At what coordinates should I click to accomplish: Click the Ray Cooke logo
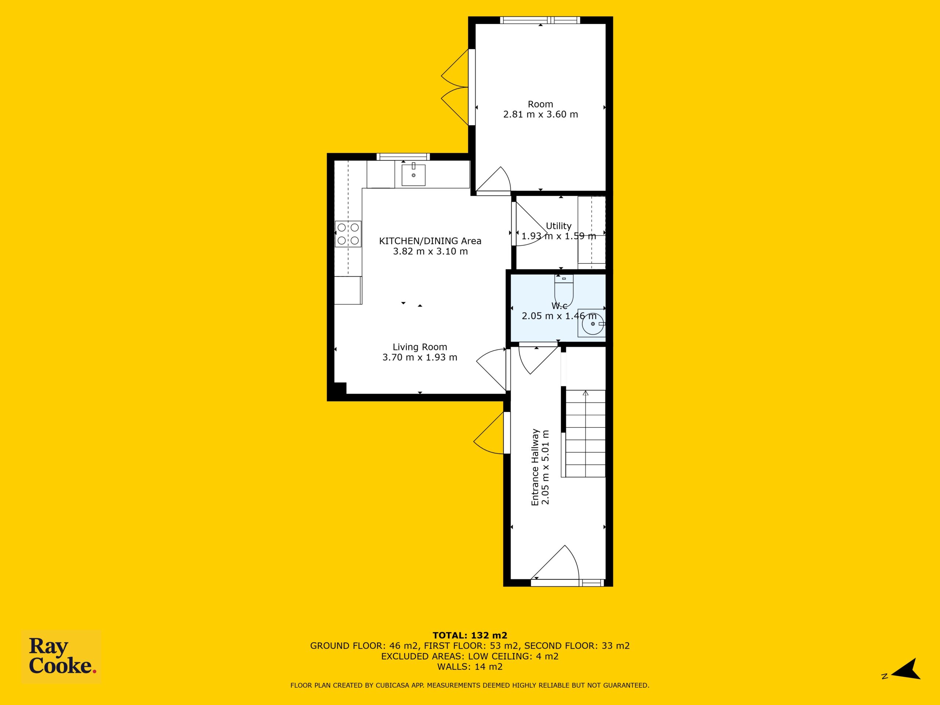tap(61, 657)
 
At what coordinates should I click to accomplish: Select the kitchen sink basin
tap(413, 175)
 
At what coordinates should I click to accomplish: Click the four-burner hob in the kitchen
tap(348, 234)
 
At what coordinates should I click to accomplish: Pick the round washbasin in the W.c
tap(592, 323)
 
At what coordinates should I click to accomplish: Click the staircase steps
tap(585, 433)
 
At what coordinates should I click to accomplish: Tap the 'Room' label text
tap(540, 104)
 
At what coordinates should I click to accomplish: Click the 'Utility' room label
tap(558, 226)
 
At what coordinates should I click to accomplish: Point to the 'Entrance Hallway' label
tap(535, 467)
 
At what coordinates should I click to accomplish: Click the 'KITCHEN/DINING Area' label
tap(430, 241)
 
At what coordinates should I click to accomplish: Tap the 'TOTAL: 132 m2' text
tap(470, 635)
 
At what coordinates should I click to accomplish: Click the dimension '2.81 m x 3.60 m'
tap(540, 114)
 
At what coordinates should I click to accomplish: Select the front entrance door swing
tap(555, 563)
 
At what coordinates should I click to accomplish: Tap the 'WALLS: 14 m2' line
tap(470, 666)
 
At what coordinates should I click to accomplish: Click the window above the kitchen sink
tap(403, 157)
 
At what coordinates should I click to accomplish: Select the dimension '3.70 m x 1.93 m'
tap(420, 357)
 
